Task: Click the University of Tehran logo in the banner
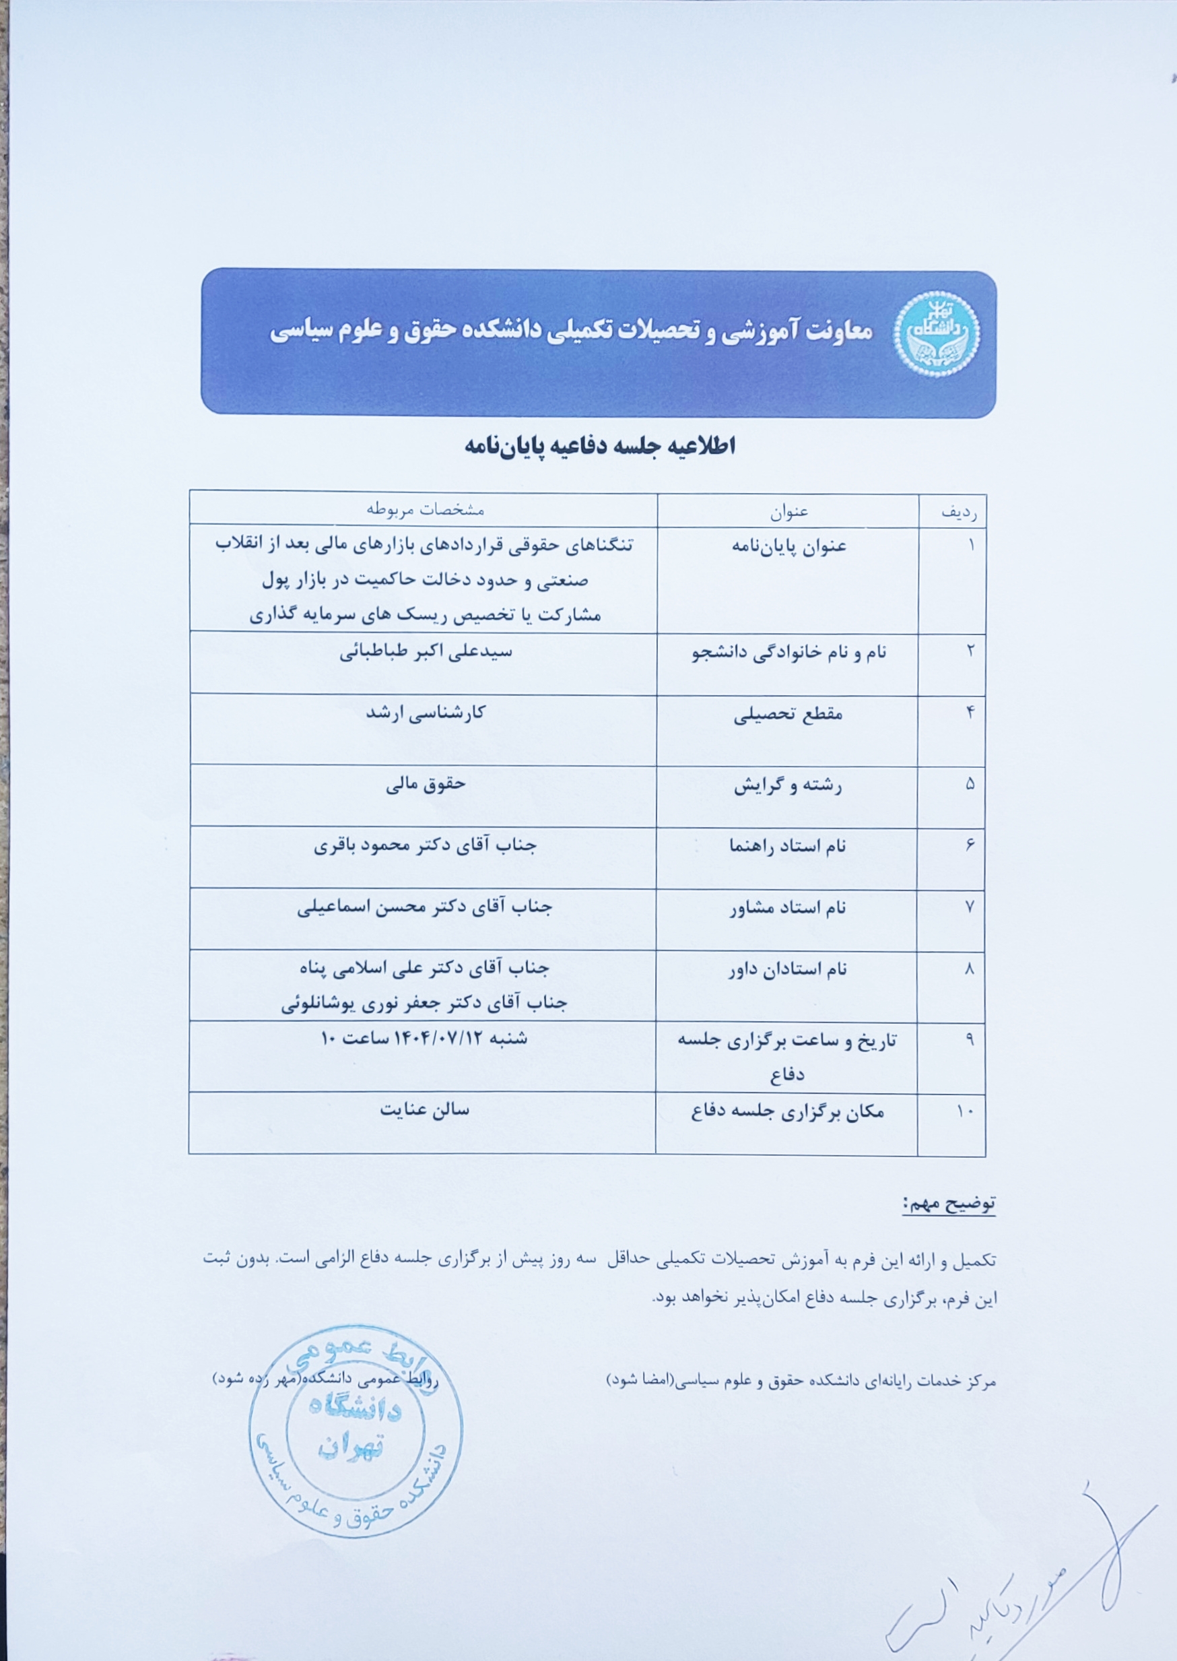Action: pyautogui.click(x=936, y=333)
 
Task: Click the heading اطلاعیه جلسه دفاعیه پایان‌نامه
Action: pyautogui.click(x=600, y=446)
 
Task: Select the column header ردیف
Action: pyautogui.click(x=959, y=513)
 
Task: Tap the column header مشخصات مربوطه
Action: pyautogui.click(x=425, y=509)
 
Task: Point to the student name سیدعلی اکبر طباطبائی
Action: pyautogui.click(x=426, y=651)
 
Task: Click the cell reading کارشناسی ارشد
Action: pyautogui.click(x=426, y=713)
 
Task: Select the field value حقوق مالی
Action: pyautogui.click(x=426, y=784)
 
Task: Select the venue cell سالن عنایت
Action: pyautogui.click(x=425, y=1110)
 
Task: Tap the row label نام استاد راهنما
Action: pyautogui.click(x=788, y=846)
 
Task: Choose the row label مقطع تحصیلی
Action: pyautogui.click(x=788, y=715)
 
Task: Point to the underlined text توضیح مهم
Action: pyautogui.click(x=949, y=1204)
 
